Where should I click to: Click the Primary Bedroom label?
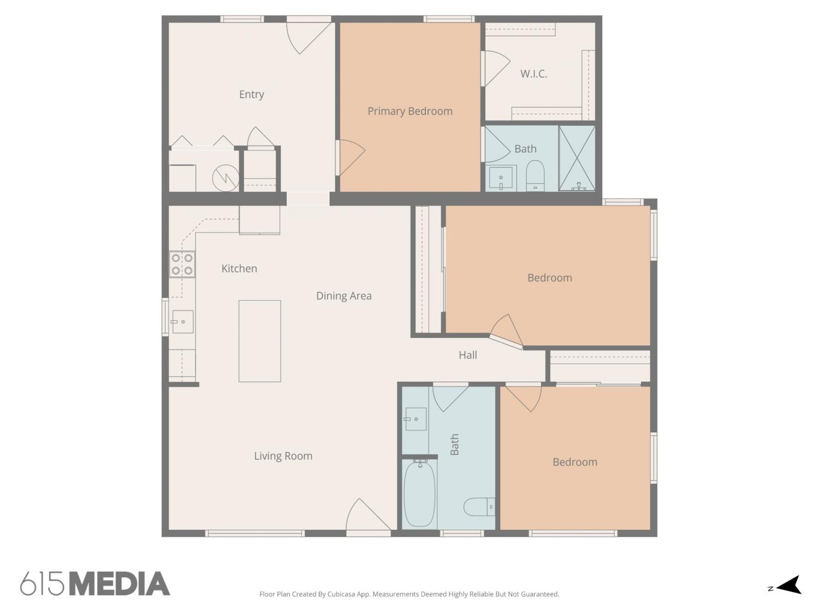pos(410,112)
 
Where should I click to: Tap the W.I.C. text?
pos(533,74)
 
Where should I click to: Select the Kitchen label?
pos(239,268)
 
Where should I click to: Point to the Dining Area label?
pos(343,296)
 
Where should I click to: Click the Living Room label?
pos(283,456)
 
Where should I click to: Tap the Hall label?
pos(467,355)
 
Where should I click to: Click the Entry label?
pos(252,95)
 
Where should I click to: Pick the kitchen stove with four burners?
pos(182,264)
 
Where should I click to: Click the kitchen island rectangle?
pos(260,341)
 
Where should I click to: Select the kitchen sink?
pos(182,321)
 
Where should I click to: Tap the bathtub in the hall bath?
pos(419,494)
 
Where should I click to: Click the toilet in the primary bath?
pos(535,175)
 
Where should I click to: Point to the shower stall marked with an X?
pos(577,158)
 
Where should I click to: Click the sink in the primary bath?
pos(501,179)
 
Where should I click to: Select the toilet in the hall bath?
pos(479,507)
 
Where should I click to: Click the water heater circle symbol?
pos(225,178)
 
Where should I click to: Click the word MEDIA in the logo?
pos(120,584)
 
